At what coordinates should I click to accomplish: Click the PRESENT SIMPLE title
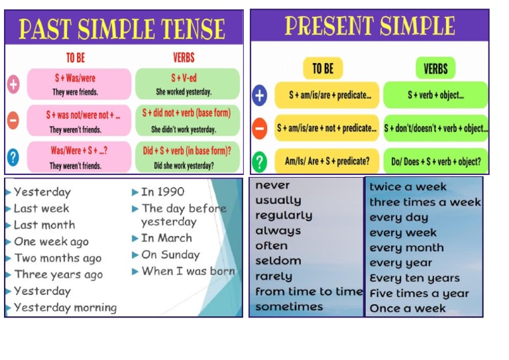click(369, 27)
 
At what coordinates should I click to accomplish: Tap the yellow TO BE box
click(323, 68)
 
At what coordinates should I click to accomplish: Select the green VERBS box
click(435, 68)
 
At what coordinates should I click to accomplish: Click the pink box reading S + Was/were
click(70, 78)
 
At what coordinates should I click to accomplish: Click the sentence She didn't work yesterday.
click(184, 129)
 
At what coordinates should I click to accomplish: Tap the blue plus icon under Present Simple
click(260, 95)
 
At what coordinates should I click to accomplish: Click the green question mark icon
click(260, 161)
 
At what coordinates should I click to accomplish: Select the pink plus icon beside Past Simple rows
click(13, 84)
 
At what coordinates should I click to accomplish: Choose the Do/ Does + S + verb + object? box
click(435, 161)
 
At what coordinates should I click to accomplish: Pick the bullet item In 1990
click(162, 192)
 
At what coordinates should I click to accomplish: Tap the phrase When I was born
click(188, 271)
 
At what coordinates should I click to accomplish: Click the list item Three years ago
click(58, 274)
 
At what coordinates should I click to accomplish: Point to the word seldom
click(278, 261)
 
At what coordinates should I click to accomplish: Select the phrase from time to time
click(309, 292)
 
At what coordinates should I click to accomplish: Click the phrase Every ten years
click(414, 278)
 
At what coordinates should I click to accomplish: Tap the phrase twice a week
click(408, 187)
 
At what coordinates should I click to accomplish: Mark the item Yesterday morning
click(65, 308)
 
